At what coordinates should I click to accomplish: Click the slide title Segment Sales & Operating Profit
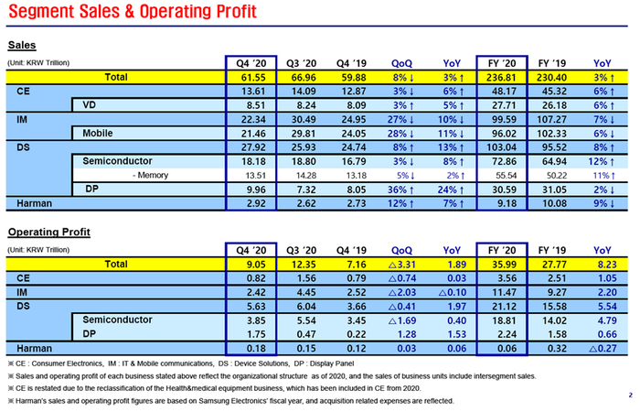click(138, 12)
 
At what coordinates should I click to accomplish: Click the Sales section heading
click(22, 46)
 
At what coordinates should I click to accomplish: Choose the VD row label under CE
click(91, 105)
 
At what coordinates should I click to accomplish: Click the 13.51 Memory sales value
click(251, 174)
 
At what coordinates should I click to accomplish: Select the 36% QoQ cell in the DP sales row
click(401, 189)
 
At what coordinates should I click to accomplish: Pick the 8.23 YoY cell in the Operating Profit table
click(603, 264)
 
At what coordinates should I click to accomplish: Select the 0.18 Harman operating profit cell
click(251, 348)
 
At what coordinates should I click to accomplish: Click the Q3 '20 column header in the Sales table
click(300, 62)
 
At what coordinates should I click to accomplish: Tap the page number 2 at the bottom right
click(630, 395)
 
